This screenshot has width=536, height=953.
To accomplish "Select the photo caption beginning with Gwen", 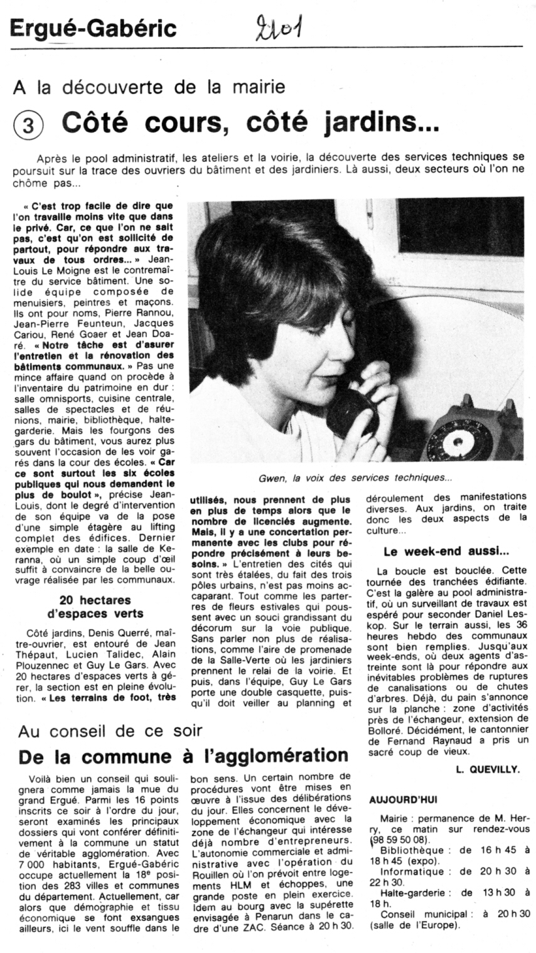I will (355, 478).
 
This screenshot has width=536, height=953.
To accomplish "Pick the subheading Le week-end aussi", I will (446, 551).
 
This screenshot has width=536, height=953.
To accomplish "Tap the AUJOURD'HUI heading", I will (404, 800).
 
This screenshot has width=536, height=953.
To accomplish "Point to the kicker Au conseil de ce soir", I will (110, 731).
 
